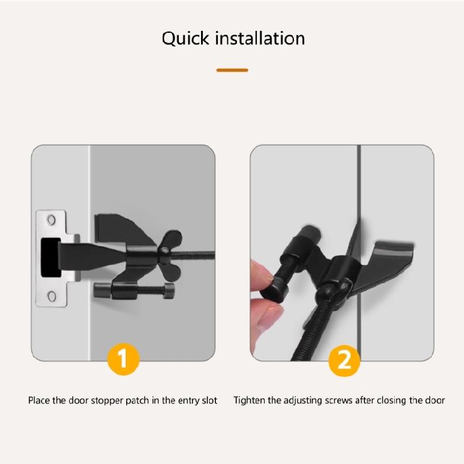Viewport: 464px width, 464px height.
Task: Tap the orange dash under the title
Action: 232,70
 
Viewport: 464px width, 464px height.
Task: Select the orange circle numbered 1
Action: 123,359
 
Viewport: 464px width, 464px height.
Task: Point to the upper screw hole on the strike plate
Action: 52,220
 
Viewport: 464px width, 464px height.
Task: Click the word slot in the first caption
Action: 209,400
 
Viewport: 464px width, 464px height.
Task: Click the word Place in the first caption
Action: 38,400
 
